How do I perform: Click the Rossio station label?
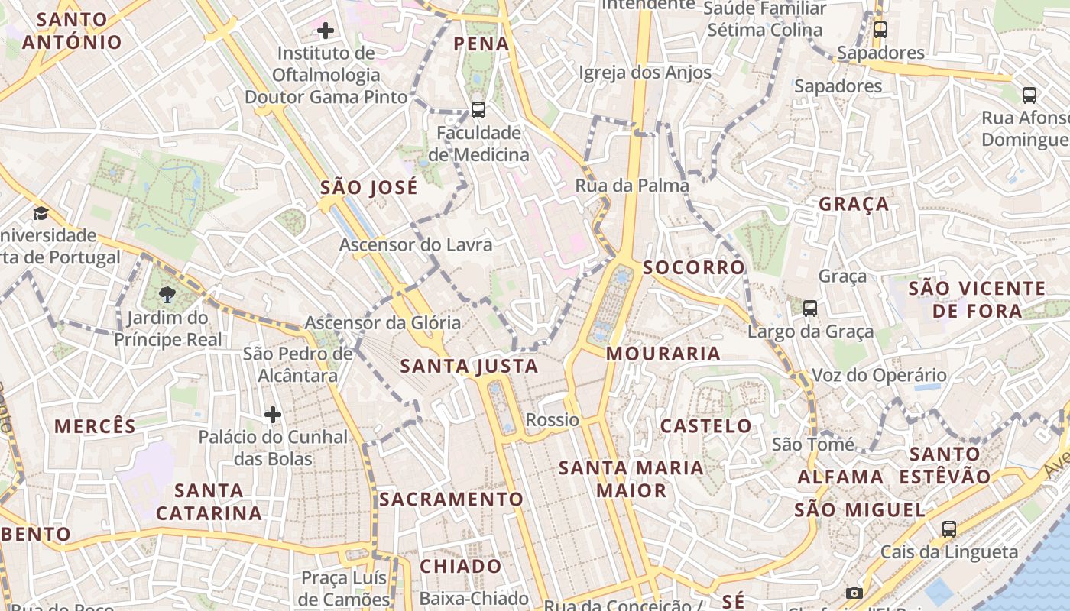552,420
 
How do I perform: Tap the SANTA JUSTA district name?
469,367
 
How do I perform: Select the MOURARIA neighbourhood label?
663,354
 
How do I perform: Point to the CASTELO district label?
705,426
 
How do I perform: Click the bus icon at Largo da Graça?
810,309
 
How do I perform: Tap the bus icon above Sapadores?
880,30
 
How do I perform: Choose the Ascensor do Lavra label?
416,245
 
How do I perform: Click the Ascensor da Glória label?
383,323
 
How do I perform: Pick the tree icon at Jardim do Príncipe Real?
167,294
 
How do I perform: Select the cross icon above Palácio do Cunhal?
273,415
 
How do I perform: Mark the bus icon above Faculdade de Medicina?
478,109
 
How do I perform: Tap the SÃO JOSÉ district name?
369,188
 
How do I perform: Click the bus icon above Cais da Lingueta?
948,529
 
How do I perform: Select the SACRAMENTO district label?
452,499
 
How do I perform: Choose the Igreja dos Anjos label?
646,73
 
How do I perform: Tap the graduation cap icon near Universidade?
41,213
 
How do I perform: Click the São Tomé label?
813,445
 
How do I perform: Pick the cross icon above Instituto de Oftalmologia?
326,31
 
